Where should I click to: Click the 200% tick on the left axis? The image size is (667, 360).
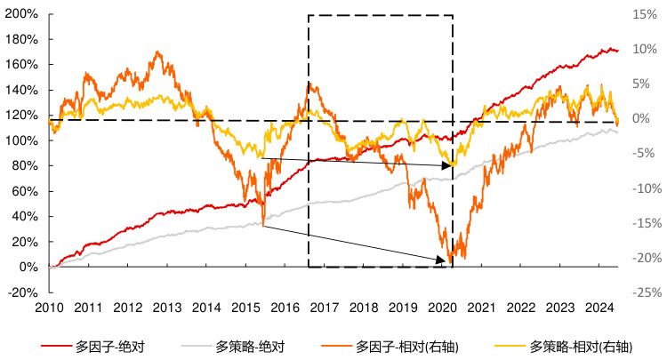coord(21,14)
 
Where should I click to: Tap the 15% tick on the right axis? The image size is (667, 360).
coord(645,14)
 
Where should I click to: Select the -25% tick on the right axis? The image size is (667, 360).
coord(645,292)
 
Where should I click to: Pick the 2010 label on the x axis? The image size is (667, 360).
coord(49,308)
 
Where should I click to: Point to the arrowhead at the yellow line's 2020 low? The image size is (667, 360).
coord(452,165)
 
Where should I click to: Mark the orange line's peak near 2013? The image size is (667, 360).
coord(159,52)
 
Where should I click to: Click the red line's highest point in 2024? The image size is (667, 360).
coord(609,48)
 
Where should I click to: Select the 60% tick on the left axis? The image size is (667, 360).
coord(21,191)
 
